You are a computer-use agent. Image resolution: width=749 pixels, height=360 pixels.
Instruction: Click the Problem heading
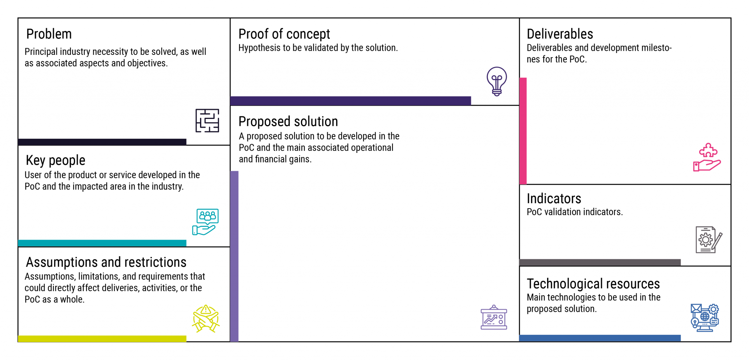pos(49,34)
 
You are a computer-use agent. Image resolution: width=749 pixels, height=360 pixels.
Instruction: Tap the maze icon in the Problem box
pos(207,120)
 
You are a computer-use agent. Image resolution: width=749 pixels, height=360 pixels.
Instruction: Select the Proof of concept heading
pos(284,34)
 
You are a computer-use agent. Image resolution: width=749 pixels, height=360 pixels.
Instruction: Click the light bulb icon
pos(497,81)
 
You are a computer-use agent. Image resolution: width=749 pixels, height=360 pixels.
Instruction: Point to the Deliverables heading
pos(560,34)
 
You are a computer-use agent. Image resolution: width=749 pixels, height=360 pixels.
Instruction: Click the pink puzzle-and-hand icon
pos(707,157)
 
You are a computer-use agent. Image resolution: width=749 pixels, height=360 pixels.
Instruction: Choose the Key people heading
pos(56,160)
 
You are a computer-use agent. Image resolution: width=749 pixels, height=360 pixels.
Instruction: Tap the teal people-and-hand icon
pos(206,222)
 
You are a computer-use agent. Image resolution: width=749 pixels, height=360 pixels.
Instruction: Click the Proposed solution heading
pos(288,121)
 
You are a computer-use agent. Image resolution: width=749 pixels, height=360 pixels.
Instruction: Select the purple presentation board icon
pos(494,317)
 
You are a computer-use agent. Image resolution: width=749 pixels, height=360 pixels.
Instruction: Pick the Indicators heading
pos(554,199)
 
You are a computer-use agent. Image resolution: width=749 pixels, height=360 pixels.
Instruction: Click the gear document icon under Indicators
pos(709,240)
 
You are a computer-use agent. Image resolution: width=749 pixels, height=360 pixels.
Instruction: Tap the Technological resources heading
pos(593,284)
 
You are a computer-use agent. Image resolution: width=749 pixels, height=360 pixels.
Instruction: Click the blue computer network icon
pos(705,318)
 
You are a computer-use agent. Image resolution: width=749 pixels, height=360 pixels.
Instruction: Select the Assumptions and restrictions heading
pos(106,262)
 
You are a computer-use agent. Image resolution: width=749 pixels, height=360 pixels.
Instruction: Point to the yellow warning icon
pos(206,319)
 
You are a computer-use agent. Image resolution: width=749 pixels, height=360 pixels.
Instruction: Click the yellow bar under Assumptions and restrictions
pos(102,339)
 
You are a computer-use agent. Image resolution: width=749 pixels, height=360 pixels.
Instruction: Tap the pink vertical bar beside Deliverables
pos(523,131)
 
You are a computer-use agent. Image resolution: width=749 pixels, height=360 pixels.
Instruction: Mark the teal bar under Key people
pos(102,243)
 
